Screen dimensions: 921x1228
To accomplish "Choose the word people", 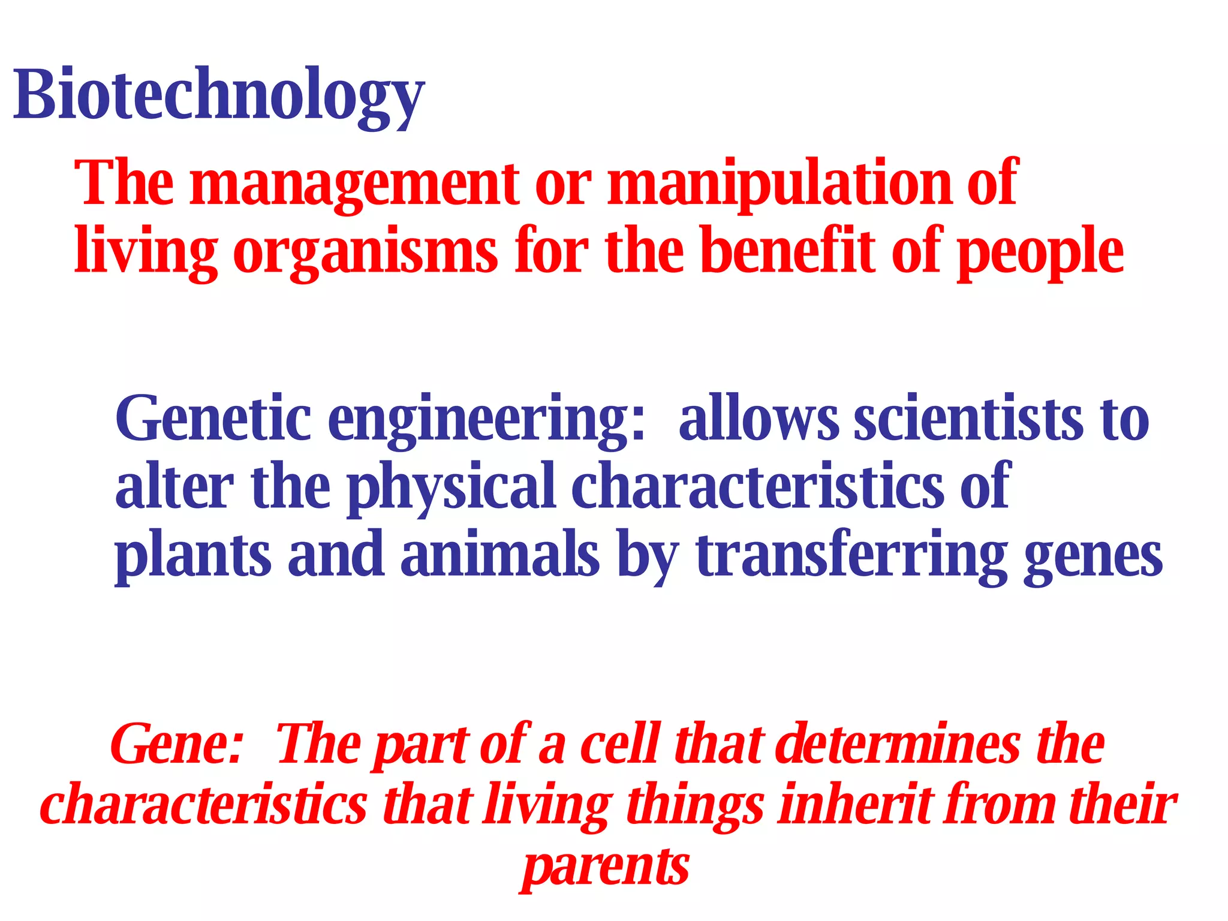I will pyautogui.click(x=1040, y=252).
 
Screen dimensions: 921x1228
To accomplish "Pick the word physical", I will pyautogui.click(x=451, y=487).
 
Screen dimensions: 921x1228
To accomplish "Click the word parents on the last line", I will pyautogui.click(x=606, y=867).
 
